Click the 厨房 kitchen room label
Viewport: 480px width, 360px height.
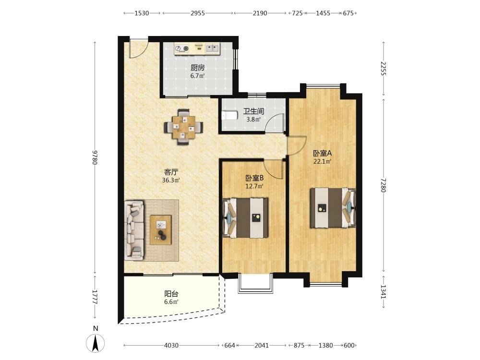coord(197,67)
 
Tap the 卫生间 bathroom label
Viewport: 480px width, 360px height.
coord(253,111)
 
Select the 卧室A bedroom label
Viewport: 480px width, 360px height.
coord(323,153)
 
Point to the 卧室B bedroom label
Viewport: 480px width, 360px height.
coord(255,178)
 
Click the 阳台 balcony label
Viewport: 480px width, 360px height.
coord(171,294)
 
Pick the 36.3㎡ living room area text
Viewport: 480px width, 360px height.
coord(171,180)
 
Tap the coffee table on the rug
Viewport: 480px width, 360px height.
coord(161,230)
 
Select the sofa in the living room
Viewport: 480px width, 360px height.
coord(134,230)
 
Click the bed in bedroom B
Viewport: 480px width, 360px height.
coord(245,217)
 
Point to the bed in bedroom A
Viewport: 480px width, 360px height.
coord(333,208)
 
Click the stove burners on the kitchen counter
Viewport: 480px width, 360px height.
coord(182,48)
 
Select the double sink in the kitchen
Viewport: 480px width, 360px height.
coord(213,48)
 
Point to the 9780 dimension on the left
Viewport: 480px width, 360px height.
coord(95,157)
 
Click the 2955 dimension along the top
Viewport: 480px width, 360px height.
coord(198,13)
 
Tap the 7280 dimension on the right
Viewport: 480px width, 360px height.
coord(383,185)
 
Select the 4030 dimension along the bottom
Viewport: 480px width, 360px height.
coord(171,346)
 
